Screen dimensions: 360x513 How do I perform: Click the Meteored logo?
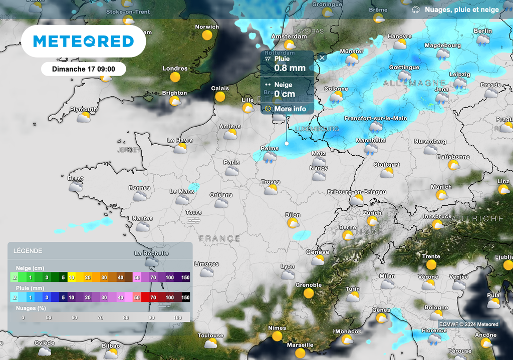click(83, 41)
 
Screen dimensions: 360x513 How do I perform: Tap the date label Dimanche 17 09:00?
click(84, 69)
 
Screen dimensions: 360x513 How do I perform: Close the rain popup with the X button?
click(322, 57)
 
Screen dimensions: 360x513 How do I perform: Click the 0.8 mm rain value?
click(290, 68)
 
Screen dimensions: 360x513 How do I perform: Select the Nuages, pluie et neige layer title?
click(461, 10)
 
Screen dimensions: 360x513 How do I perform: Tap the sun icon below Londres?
click(175, 77)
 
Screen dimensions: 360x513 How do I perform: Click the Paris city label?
click(231, 162)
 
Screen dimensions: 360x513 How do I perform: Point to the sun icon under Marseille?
click(300, 353)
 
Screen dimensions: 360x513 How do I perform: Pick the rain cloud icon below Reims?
click(270, 157)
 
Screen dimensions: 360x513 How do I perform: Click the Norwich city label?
click(207, 27)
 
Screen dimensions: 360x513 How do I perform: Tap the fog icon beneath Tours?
click(193, 221)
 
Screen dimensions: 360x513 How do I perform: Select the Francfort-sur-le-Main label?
click(376, 119)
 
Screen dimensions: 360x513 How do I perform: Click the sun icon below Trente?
click(431, 265)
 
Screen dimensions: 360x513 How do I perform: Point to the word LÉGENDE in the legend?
click(28, 251)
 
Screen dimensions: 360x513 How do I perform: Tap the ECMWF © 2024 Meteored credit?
click(469, 324)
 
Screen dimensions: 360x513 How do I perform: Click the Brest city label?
click(76, 178)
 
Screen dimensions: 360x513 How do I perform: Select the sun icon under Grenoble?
click(308, 293)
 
